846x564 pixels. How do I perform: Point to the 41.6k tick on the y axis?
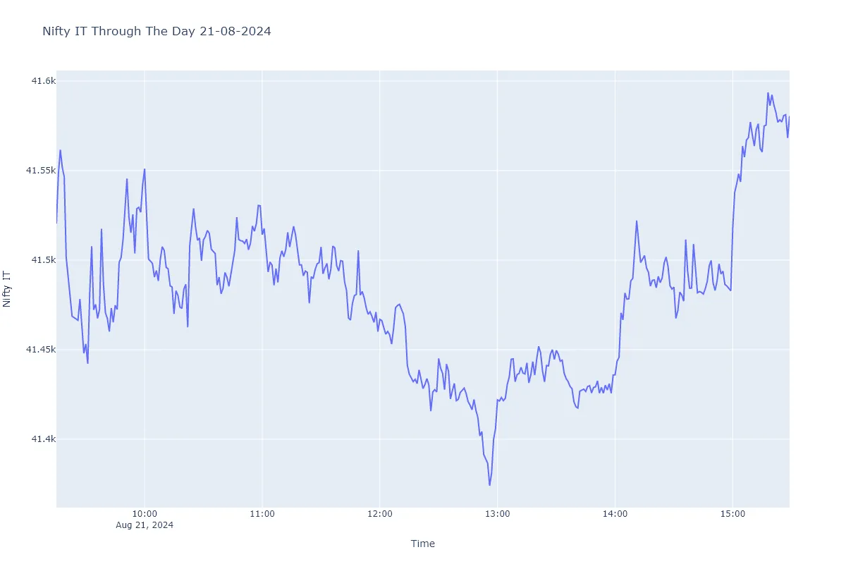(44, 81)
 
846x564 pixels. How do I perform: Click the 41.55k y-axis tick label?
(41, 171)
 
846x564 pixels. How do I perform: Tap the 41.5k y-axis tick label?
(44, 260)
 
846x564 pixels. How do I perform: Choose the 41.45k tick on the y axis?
(41, 350)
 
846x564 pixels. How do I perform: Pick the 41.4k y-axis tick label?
(44, 439)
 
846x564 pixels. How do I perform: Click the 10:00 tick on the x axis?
(145, 515)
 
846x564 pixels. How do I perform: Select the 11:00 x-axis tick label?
(262, 515)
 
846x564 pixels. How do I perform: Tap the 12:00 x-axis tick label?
(380, 515)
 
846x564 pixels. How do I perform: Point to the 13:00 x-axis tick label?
(497, 515)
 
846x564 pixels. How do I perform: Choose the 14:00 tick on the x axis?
(615, 515)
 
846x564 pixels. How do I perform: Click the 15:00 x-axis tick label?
(732, 515)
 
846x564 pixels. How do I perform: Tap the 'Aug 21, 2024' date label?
(145, 525)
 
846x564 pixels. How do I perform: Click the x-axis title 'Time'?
(423, 544)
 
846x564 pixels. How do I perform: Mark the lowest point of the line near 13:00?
(489, 485)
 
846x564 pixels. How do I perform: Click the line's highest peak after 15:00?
(768, 92)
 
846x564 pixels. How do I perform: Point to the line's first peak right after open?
(61, 150)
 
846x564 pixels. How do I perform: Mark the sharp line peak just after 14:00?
(637, 221)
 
